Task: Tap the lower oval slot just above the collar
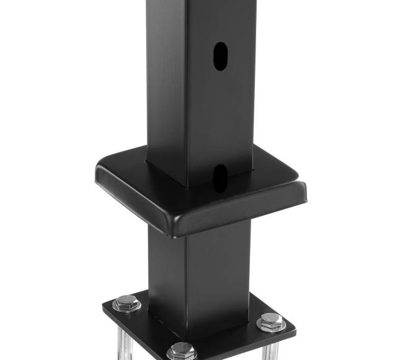coord(219,177)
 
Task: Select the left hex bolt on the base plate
coord(126,302)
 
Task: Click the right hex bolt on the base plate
coord(271,321)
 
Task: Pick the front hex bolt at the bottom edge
coord(182,351)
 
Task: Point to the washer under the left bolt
coord(126,308)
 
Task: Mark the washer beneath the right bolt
coord(272,327)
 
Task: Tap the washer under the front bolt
coord(182,356)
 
